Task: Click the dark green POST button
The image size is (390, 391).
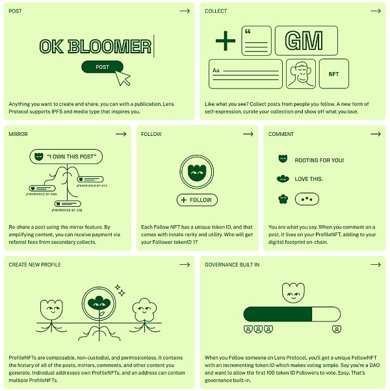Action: tap(102, 66)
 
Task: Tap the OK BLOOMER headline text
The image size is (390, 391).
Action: tap(95, 46)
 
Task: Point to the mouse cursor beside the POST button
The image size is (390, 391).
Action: tap(122, 77)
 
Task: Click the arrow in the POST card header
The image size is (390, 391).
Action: tap(185, 11)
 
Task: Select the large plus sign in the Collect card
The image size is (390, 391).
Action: tap(226, 41)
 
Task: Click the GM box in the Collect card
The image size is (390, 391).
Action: tap(305, 41)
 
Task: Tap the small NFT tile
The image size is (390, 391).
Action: tap(333, 74)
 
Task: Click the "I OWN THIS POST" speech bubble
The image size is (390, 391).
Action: tap(67, 157)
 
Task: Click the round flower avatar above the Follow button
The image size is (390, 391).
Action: tap(196, 172)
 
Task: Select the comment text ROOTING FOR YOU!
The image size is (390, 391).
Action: tap(319, 160)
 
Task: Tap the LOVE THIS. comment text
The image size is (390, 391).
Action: tap(309, 179)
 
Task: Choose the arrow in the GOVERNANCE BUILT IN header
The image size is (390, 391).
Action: tap(375, 264)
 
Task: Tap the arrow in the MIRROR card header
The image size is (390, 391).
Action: tap(121, 134)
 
